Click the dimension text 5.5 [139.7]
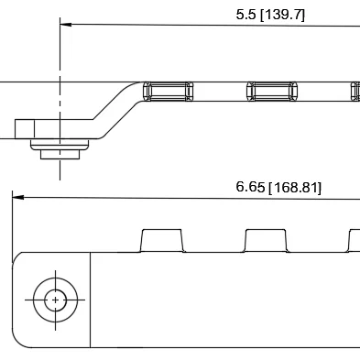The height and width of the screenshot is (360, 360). (270, 15)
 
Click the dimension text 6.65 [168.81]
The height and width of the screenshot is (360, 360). (278, 187)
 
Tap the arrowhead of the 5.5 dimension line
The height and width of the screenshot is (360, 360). (66, 24)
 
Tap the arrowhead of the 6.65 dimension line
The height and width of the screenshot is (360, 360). (18, 197)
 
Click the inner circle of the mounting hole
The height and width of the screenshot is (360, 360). (55, 300)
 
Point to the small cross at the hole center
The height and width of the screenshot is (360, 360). (55, 300)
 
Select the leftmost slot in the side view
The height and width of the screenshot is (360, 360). (169, 92)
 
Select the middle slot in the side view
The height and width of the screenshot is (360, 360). (272, 92)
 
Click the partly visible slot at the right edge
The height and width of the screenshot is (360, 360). (355, 92)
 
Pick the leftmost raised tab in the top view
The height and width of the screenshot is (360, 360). (161, 241)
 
